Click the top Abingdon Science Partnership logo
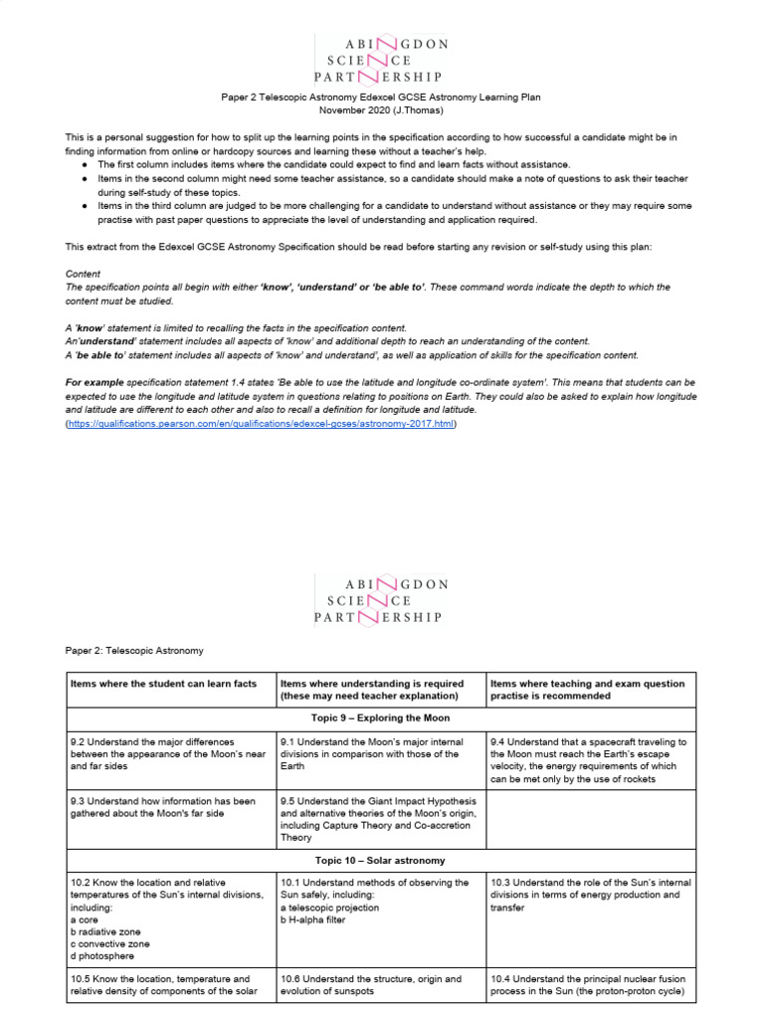tap(381, 59)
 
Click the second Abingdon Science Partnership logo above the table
tap(381, 600)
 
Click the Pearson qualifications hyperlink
tap(261, 423)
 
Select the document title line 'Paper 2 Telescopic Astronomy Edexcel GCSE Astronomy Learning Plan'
tap(381, 100)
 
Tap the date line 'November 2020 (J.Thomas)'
tap(381, 112)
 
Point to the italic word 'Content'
tap(84, 274)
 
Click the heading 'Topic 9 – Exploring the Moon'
tap(382, 717)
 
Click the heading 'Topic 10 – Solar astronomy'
tap(382, 859)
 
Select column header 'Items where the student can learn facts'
tap(163, 684)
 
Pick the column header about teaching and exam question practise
tap(587, 690)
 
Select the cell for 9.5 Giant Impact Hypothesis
tap(379, 819)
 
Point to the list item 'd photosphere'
tap(103, 955)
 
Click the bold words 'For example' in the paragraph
tap(96, 382)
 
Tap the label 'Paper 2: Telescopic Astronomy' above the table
tap(134, 650)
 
